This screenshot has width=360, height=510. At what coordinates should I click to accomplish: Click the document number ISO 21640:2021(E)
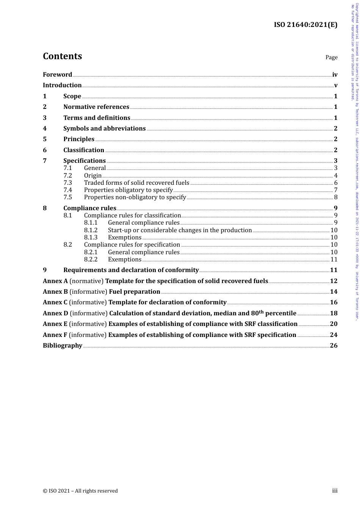(x=305, y=25)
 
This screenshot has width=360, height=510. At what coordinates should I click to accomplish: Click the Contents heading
(x=62, y=56)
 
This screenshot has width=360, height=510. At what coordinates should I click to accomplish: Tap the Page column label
(x=331, y=57)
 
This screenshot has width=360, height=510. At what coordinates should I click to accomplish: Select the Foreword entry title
(x=57, y=75)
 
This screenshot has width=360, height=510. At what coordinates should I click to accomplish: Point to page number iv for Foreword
(x=335, y=75)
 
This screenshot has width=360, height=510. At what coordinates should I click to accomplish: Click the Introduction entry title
(x=62, y=85)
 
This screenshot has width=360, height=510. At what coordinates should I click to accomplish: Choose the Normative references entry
(x=96, y=107)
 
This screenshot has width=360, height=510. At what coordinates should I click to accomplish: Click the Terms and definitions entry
(x=97, y=118)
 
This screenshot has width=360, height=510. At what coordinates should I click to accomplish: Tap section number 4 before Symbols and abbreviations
(x=45, y=129)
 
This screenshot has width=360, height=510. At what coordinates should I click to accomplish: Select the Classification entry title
(x=84, y=150)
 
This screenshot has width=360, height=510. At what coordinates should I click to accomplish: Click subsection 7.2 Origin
(x=92, y=175)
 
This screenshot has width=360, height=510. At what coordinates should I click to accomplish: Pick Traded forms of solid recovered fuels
(x=136, y=183)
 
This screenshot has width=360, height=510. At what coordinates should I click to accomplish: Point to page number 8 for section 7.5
(x=335, y=197)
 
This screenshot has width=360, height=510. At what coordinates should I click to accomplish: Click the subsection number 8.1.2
(x=91, y=230)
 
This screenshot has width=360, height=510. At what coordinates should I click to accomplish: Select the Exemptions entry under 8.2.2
(x=124, y=260)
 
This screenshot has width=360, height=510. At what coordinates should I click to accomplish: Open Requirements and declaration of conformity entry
(x=131, y=270)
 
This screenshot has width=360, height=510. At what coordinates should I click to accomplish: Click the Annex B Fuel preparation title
(x=135, y=292)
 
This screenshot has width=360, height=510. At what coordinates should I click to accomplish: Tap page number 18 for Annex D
(x=333, y=313)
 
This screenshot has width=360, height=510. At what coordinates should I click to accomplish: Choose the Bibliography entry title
(x=63, y=346)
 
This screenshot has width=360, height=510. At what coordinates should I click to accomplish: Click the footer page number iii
(x=335, y=491)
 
